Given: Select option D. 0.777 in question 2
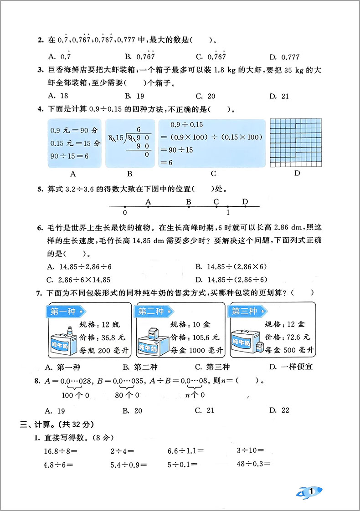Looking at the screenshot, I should [284, 57].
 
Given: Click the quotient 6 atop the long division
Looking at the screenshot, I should [138, 129].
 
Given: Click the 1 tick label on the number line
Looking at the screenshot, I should [228, 212].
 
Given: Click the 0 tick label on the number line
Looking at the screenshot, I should [125, 212].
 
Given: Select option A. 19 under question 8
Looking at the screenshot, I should [57, 410].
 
